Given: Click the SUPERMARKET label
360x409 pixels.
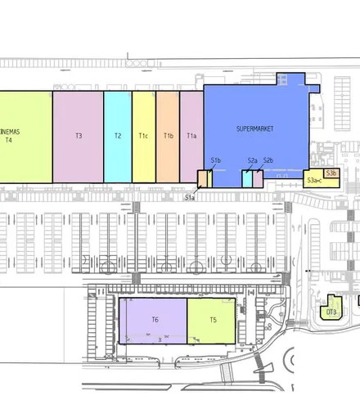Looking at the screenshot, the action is pos(254,128).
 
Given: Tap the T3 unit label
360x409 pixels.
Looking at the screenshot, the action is pos(79,136).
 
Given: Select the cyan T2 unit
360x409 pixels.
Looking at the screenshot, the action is pos(118,137).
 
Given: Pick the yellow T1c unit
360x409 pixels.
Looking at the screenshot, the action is pos(144,137).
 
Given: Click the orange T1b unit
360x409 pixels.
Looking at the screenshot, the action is pos(168,137).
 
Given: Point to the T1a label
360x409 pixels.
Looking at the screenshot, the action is pos(191,136).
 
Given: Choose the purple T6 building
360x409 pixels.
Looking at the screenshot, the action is pos(153,321).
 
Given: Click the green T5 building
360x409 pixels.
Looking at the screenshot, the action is pos(211,321).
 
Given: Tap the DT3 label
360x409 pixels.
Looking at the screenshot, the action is pos(331,312).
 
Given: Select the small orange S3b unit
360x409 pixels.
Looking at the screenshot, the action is pos(331,173).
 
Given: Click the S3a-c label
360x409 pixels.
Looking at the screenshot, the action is pos(314,180).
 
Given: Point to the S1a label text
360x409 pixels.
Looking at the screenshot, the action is pos(190,197).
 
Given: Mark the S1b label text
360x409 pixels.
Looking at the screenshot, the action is pos(215,160).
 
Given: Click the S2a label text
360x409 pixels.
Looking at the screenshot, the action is pos(252,160).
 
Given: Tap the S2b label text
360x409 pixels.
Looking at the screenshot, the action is pos(268,160).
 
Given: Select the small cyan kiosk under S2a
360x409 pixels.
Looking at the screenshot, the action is pos(247,179).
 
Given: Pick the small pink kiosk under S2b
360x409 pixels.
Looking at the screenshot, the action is pos(258,179).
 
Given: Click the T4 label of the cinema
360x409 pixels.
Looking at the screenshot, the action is pos(9,140).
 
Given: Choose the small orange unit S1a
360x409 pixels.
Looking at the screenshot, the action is pos(202,179).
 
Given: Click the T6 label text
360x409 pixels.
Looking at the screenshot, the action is pos(155,320).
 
